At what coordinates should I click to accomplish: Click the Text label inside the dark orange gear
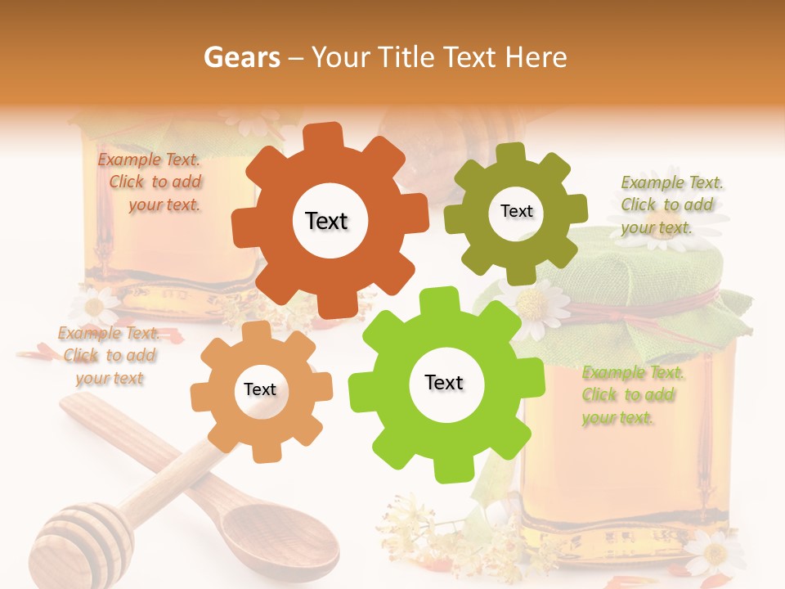(x=326, y=221)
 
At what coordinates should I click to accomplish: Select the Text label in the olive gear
(x=516, y=211)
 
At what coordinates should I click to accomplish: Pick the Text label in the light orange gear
(x=260, y=390)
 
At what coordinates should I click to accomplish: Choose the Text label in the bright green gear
(x=444, y=382)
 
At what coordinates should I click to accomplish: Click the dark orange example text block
(x=150, y=182)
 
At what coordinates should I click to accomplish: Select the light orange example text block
(x=109, y=356)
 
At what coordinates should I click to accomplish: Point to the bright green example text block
(x=630, y=395)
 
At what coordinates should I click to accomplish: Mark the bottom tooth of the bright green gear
(x=446, y=471)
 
